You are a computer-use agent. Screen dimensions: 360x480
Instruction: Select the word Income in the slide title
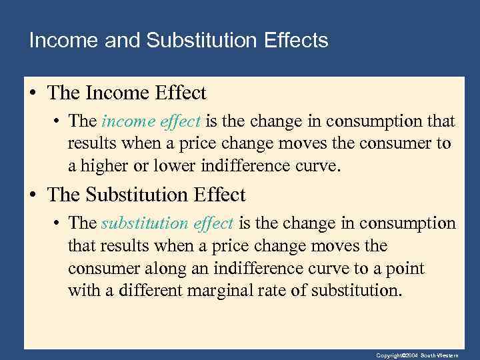point(63,41)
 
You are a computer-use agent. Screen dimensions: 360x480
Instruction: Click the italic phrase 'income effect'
point(151,121)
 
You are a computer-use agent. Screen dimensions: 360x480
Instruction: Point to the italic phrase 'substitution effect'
point(167,223)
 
